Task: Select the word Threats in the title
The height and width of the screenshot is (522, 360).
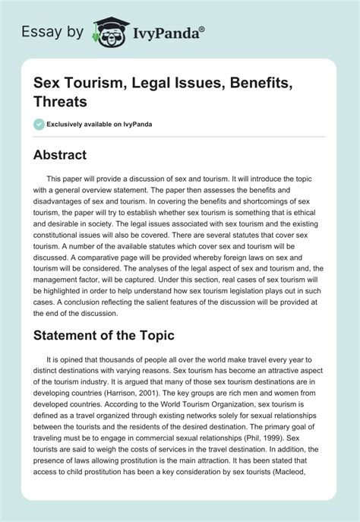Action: [60, 101]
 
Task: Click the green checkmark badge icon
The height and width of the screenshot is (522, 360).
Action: [39, 123]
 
